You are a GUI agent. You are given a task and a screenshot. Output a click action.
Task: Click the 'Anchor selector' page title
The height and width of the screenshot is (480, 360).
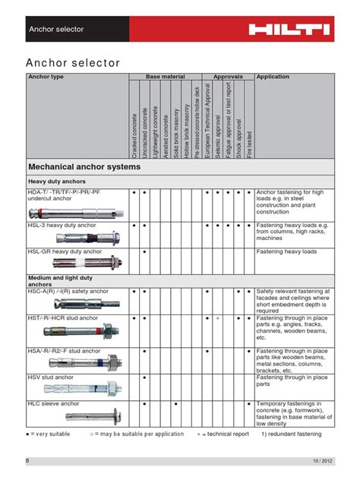pyautogui.click(x=73, y=63)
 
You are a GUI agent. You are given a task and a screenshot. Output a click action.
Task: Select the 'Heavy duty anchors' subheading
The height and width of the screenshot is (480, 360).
pyautogui.click(x=57, y=182)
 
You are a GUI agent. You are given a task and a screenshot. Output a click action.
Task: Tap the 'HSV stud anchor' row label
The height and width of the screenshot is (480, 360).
pyautogui.click(x=51, y=377)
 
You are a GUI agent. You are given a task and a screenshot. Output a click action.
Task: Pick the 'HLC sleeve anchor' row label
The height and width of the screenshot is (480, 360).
pyautogui.click(x=54, y=404)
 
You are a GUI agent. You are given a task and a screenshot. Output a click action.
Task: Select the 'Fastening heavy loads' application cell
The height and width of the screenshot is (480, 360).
pyautogui.click(x=286, y=251)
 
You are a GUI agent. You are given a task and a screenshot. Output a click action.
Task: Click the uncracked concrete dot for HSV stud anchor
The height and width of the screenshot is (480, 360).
pyautogui.click(x=144, y=377)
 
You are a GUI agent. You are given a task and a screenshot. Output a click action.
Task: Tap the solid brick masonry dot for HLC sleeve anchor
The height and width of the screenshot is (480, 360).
pyautogui.click(x=176, y=404)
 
